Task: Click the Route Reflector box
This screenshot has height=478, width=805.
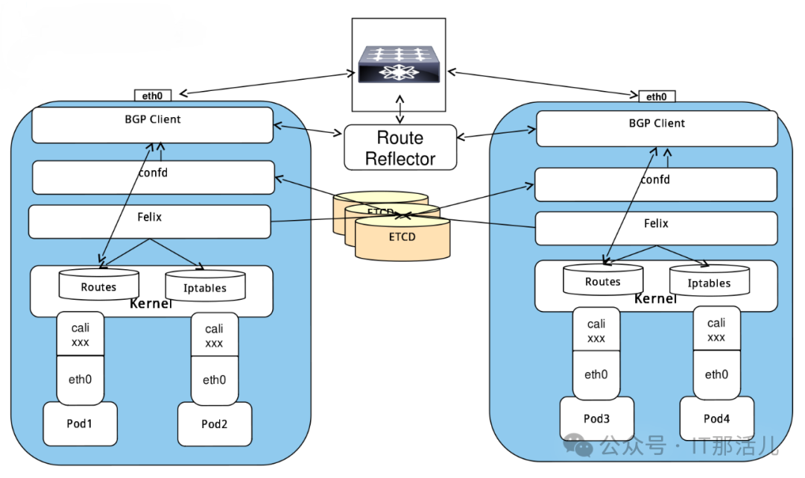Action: (x=400, y=148)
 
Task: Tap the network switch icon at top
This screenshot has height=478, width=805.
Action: (x=399, y=64)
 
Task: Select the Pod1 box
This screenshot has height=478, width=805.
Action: (x=80, y=424)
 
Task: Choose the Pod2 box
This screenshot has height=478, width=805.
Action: (x=214, y=424)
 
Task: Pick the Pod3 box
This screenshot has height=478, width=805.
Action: (x=596, y=418)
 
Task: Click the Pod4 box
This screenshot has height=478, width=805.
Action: (x=716, y=418)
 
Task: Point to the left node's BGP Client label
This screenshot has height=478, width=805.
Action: (x=152, y=119)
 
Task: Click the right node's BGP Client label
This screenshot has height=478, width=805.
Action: (x=657, y=124)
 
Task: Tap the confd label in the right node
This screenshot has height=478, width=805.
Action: (x=655, y=180)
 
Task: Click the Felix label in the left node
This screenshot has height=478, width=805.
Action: (x=149, y=218)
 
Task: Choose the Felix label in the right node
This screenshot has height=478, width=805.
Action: (x=656, y=224)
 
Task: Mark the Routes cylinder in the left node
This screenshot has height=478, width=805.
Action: (x=99, y=286)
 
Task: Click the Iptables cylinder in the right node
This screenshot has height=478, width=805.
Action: (x=709, y=283)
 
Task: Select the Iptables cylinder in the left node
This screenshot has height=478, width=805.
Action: (x=205, y=287)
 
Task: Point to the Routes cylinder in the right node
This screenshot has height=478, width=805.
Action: (x=603, y=281)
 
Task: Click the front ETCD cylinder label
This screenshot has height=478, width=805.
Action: (x=402, y=238)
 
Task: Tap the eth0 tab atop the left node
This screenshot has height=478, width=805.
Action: (x=153, y=95)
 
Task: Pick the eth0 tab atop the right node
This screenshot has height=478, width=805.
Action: (x=657, y=97)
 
